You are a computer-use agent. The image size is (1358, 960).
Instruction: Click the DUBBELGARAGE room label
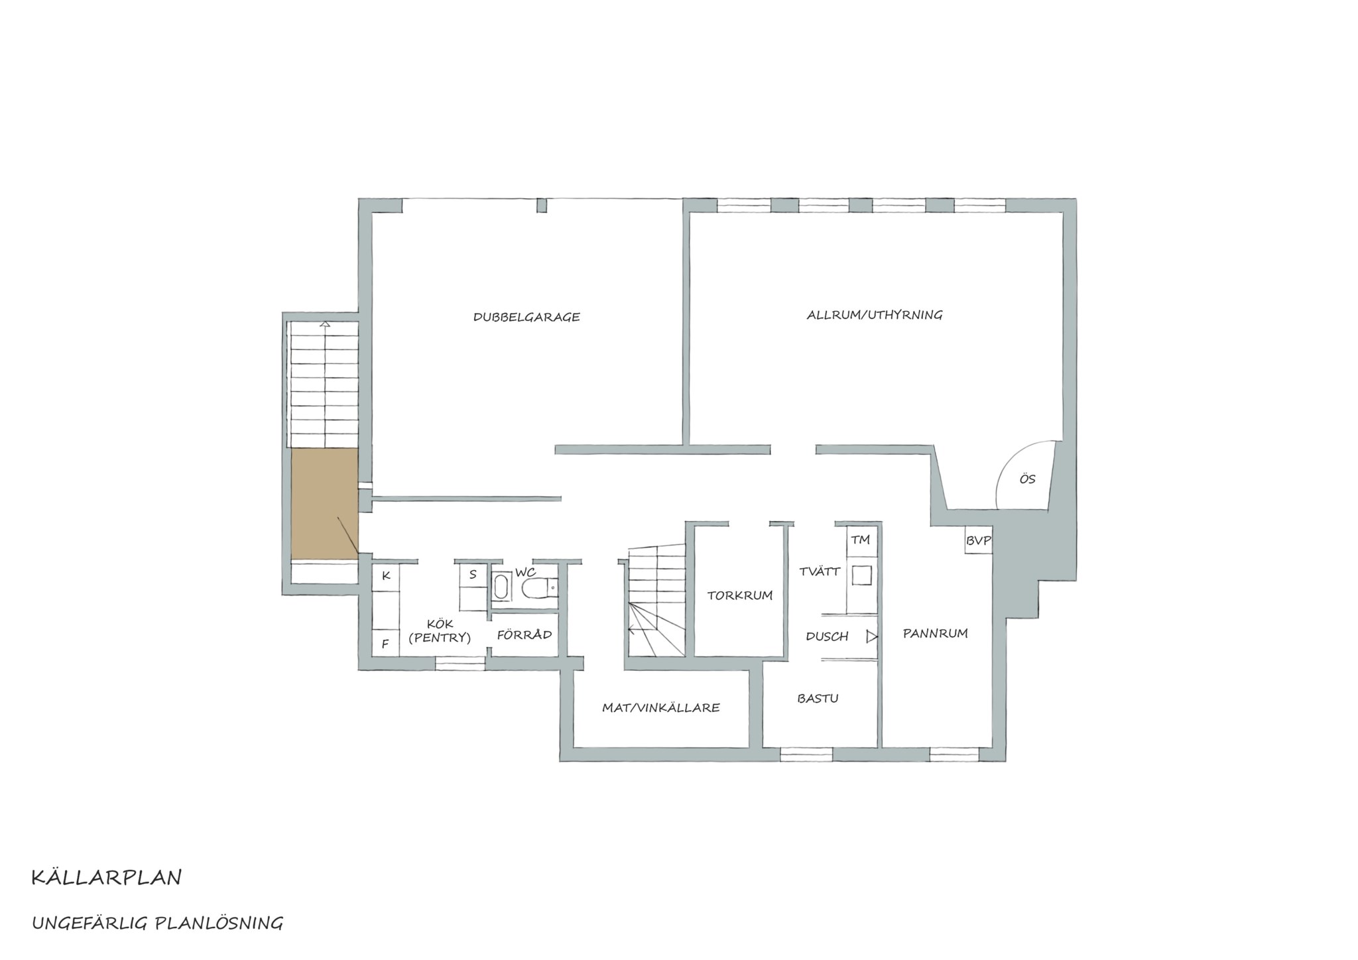[x=526, y=317]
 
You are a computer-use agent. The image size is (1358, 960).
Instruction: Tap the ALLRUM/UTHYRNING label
[x=875, y=315]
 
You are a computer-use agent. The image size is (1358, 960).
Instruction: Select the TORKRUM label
[x=740, y=595]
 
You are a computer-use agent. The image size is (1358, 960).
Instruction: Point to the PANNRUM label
[x=936, y=634]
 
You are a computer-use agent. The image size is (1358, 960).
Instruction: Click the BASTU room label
[x=818, y=698]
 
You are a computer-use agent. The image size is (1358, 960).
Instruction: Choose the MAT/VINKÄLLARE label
[x=660, y=707]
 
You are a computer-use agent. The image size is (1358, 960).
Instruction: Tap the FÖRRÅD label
[x=525, y=634]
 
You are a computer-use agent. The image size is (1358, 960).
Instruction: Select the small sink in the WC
[x=501, y=587]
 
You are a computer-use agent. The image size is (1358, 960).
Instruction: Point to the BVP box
[x=978, y=540]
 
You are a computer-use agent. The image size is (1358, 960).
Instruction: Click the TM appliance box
[x=861, y=540]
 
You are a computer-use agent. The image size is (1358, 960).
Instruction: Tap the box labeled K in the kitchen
[x=385, y=576]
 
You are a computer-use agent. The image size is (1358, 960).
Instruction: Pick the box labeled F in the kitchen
[x=385, y=643]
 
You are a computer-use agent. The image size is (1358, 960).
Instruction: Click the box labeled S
[x=473, y=575]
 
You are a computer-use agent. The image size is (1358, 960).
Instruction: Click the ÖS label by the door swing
[x=1027, y=479]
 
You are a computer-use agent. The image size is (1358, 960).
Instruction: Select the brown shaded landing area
[x=325, y=504]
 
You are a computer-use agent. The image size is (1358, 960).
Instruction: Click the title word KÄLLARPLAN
[x=106, y=877]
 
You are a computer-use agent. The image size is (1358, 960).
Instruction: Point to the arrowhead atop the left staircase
[x=325, y=324]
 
